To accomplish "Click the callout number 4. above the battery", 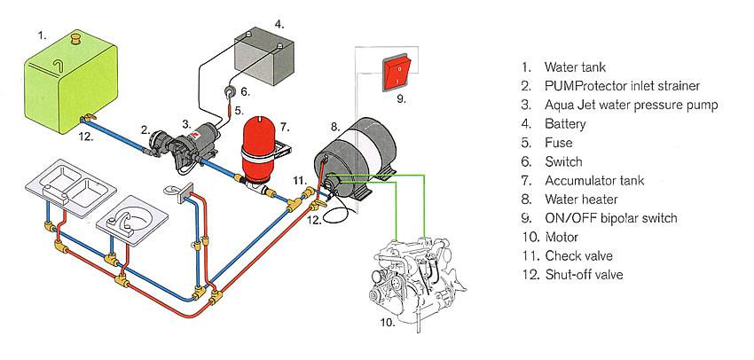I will (279, 23).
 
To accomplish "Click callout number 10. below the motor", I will (387, 323).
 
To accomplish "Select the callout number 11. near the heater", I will (299, 181).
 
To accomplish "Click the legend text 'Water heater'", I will (581, 200).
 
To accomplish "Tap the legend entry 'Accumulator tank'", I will (593, 180).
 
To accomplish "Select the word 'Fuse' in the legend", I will (559, 143).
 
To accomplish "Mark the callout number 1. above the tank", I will (42, 35).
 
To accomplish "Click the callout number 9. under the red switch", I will (401, 98).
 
